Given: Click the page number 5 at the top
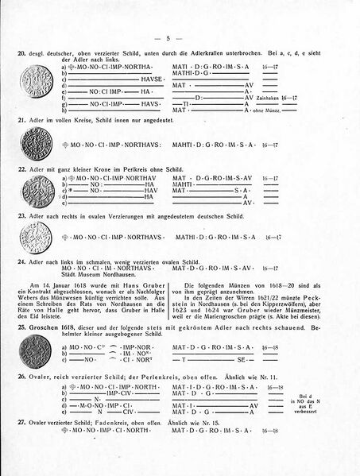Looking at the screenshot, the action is tap(180, 37).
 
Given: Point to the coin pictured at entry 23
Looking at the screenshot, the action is tap(33, 238).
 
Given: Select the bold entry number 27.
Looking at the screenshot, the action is tap(20, 422).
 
